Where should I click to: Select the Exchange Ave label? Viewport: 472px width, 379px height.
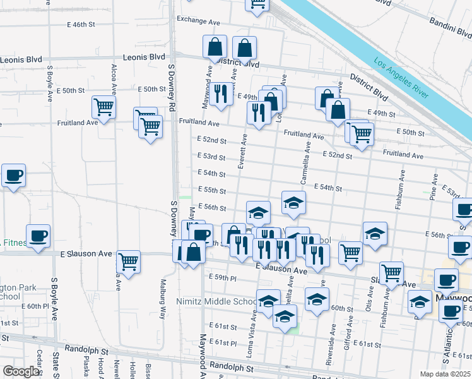pyautogui.click(x=198, y=20)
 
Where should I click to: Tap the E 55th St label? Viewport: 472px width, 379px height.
pyautogui.click(x=211, y=189)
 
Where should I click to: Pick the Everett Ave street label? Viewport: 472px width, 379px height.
pyautogui.click(x=242, y=150)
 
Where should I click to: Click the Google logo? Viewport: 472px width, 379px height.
pyautogui.click(x=21, y=371)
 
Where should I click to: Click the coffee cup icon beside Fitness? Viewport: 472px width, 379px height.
pyautogui.click(x=38, y=235)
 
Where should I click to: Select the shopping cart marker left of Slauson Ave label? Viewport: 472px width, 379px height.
pyautogui.click(x=391, y=273)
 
